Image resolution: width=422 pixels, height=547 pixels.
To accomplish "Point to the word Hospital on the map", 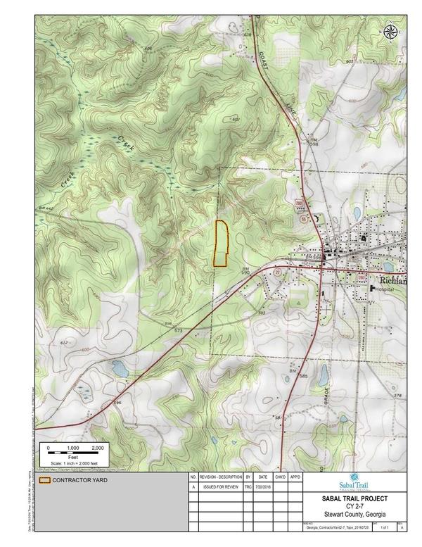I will pyautogui.click(x=383, y=289).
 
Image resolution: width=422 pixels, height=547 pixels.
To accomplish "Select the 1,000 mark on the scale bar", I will pyautogui.click(x=72, y=448).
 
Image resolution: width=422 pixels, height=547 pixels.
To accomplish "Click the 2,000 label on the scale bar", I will pyautogui.click(x=98, y=448).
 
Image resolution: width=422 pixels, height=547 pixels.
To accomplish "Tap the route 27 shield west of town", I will pyautogui.click(x=278, y=272).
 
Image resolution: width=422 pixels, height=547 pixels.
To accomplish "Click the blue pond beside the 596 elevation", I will pyautogui.click(x=119, y=368).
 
